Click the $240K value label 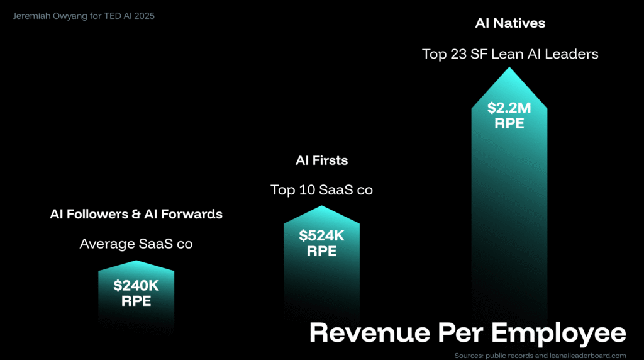point(136,286)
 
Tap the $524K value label point(321,236)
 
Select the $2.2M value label point(509,108)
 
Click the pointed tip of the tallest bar point(509,67)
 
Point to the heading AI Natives point(510,24)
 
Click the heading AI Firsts point(321,160)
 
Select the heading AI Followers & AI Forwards point(136,214)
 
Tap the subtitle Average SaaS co point(136,244)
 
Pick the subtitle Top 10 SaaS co point(321,189)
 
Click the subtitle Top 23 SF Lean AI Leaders point(510,54)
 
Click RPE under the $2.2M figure point(509,123)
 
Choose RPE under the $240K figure point(136,301)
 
